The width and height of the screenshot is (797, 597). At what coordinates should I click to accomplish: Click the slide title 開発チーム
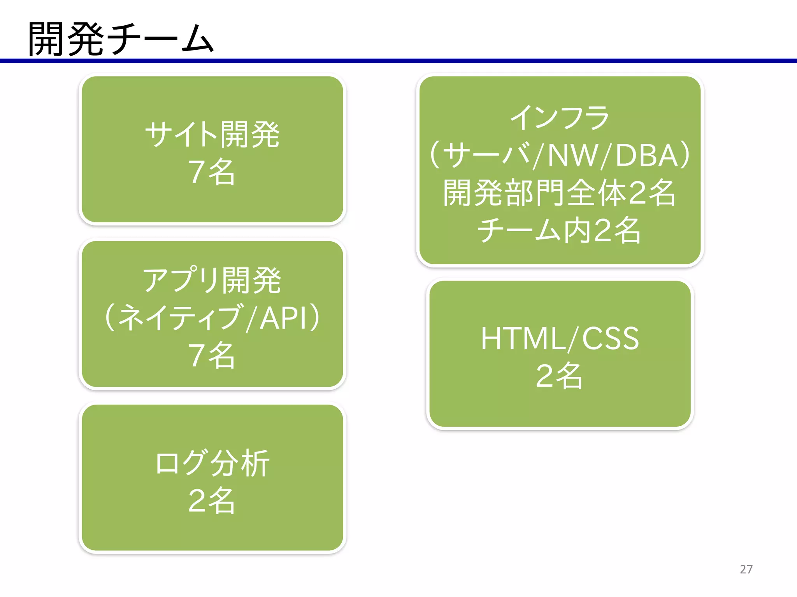click(x=121, y=39)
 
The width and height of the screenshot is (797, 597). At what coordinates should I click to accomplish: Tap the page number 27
click(x=746, y=569)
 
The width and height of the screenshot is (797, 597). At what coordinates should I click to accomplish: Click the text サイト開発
click(x=212, y=134)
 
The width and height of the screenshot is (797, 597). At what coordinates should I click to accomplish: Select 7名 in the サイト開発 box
click(x=212, y=172)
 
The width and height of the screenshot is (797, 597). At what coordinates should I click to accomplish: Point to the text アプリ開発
click(x=212, y=280)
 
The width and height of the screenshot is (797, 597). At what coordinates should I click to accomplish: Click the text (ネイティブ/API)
click(x=212, y=318)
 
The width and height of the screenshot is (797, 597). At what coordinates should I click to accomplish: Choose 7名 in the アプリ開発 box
click(x=212, y=355)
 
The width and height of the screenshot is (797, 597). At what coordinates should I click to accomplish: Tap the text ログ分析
click(x=212, y=463)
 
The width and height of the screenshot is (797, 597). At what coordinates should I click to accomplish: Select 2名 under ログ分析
click(x=212, y=500)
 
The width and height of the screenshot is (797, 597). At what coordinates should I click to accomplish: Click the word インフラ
click(x=560, y=118)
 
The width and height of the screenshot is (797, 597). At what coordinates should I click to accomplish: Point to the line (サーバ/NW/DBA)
click(x=560, y=155)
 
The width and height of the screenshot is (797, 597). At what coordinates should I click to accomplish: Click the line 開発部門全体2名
click(x=560, y=193)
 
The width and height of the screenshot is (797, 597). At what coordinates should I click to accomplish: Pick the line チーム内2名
click(x=560, y=230)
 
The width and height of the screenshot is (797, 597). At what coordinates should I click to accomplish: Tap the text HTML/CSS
click(x=560, y=338)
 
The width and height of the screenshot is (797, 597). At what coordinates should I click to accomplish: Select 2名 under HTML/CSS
click(x=560, y=376)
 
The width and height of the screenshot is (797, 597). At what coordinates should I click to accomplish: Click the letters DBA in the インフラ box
click(x=646, y=155)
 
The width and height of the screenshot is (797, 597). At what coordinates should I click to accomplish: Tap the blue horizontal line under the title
click(x=398, y=61)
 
